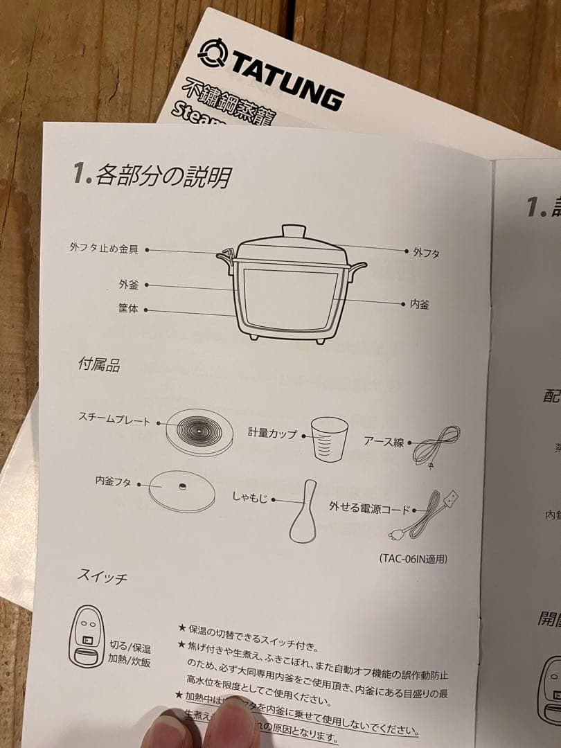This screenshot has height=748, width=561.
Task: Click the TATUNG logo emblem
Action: [x=212, y=53]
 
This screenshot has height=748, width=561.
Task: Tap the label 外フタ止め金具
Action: [x=103, y=248]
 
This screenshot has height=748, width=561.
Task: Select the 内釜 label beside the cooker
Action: [x=419, y=304]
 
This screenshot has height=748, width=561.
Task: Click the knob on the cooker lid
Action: [x=295, y=231]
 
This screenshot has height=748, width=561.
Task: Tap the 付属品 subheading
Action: [x=99, y=365]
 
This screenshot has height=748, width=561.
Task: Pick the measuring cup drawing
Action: [x=328, y=438]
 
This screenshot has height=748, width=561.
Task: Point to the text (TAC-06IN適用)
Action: [x=413, y=558]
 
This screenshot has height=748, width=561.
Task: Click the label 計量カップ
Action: [x=272, y=434]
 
